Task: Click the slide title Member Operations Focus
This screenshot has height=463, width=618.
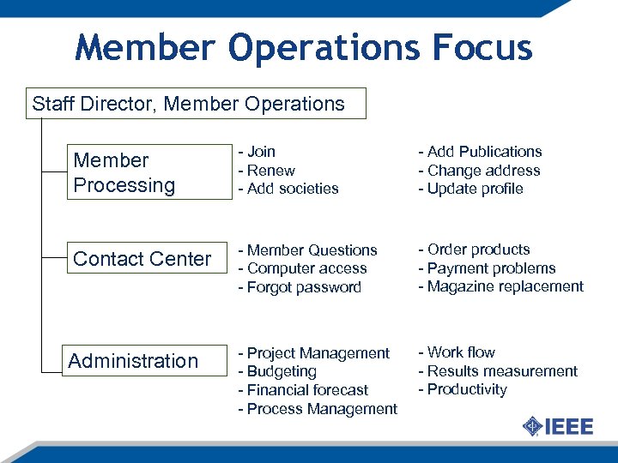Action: pos(304,47)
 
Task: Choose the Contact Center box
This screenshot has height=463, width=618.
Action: pos(142,259)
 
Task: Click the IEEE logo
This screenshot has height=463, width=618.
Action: pos(557,426)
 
